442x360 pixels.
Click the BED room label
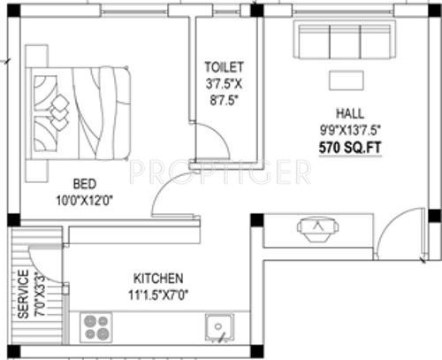pyautogui.click(x=84, y=184)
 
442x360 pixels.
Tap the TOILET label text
pyautogui.click(x=223, y=66)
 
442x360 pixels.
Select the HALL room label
pyautogui.click(x=346, y=113)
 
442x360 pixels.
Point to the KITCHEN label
pyautogui.click(x=159, y=276)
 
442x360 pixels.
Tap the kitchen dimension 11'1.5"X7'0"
pyautogui.click(x=159, y=291)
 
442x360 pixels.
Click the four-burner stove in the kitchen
pyautogui.click(x=95, y=328)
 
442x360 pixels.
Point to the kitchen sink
pyautogui.click(x=216, y=329)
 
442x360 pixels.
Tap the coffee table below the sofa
pyautogui.click(x=347, y=80)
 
